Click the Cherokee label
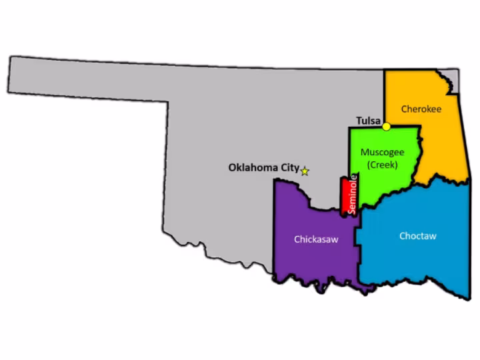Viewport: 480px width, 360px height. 421,109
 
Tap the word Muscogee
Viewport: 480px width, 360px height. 383,153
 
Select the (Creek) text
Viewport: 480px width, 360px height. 383,164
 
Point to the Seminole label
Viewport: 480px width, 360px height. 354,193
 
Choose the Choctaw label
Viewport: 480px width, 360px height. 417,236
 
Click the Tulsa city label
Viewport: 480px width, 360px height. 367,121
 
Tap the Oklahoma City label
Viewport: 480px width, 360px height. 263,168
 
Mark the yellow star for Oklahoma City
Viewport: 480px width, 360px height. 305,171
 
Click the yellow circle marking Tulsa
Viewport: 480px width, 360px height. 386,126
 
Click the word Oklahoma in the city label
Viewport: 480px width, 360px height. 253,168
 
